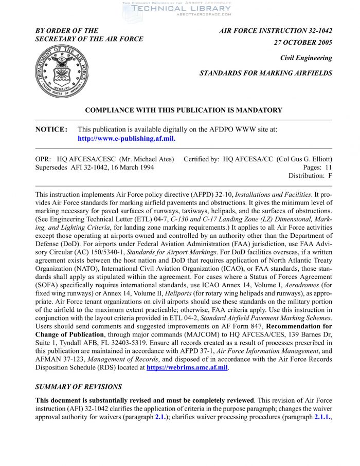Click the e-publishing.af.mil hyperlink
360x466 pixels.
[127, 139]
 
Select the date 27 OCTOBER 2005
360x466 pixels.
[303, 43]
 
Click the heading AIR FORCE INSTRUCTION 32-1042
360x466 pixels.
[276, 31]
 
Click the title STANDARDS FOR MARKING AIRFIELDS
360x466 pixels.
[266, 73]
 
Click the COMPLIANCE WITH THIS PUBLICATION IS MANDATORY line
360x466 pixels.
[184, 110]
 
